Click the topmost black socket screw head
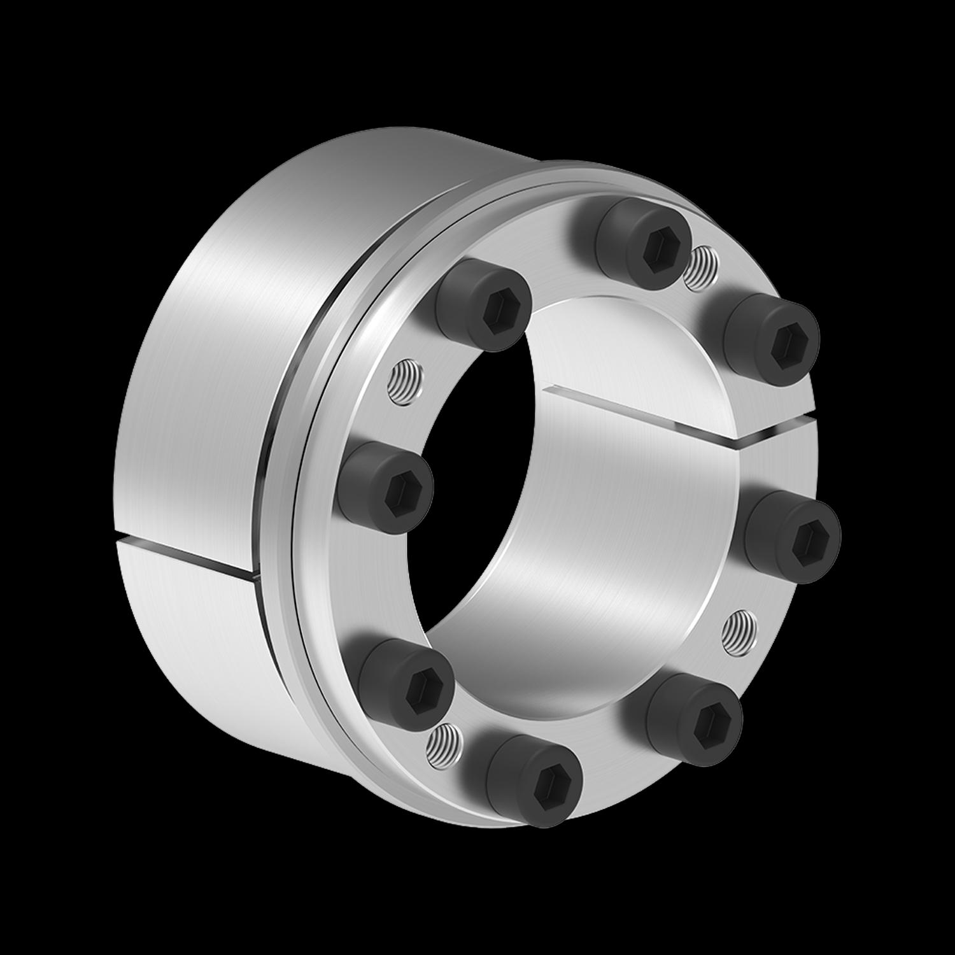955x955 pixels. coord(644,241)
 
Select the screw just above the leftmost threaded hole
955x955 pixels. coord(484,306)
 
